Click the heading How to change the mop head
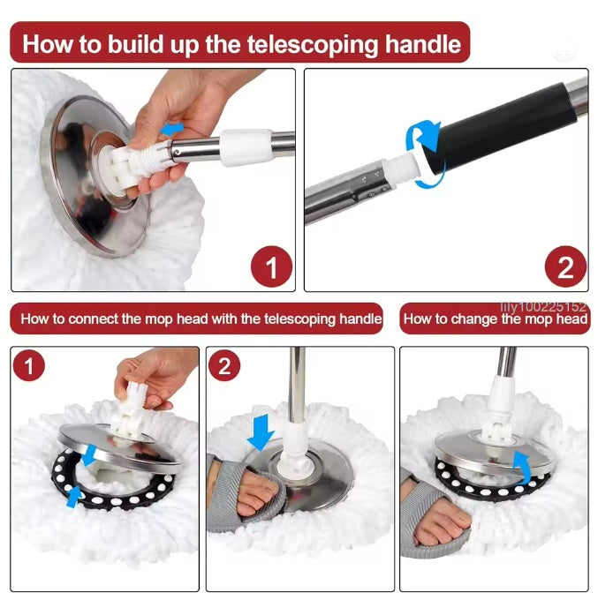[496, 319]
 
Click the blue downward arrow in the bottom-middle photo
[261, 431]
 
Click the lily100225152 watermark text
[542, 307]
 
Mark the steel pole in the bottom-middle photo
[297, 388]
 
